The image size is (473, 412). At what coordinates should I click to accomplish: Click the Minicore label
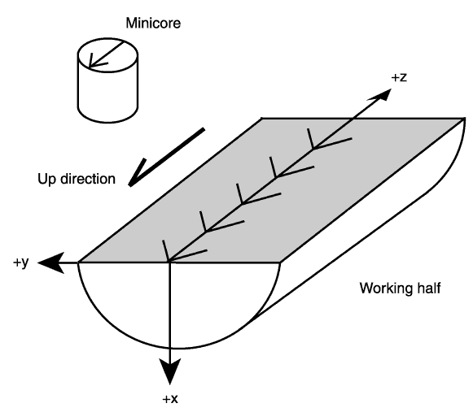point(153,24)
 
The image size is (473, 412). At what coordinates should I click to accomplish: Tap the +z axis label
point(399,77)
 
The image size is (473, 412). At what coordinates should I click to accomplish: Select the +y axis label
point(21,262)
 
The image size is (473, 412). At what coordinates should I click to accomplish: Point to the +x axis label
point(170,399)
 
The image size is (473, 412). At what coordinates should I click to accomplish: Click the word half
point(429,288)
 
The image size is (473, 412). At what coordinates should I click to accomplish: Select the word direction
point(88,179)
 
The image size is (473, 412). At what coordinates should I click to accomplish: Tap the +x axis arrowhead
point(170,371)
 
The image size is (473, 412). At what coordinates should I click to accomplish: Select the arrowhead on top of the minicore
point(95,62)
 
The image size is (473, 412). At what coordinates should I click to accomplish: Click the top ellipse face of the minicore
point(108,55)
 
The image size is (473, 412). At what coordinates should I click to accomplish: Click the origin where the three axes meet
point(170,262)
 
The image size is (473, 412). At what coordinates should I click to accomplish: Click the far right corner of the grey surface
point(464,119)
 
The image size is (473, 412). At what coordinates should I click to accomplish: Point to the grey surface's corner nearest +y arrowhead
point(79,262)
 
